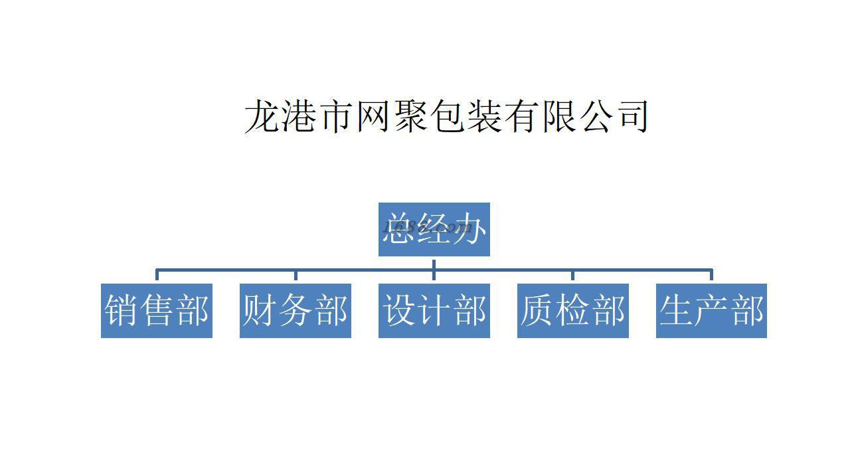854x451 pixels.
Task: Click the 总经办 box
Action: point(434,229)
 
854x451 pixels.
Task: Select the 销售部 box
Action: point(157,311)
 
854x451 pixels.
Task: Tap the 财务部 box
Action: point(295,311)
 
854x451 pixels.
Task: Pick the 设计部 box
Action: point(434,311)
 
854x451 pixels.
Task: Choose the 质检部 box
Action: point(572,311)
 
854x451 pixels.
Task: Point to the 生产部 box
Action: point(711,311)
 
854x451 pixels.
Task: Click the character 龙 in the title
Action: point(263,116)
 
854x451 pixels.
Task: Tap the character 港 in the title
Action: point(300,116)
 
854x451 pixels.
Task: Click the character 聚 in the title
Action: point(410,116)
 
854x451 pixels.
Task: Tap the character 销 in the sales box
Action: point(122,311)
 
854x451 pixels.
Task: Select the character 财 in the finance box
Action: point(260,311)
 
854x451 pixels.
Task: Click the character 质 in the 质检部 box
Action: point(537,311)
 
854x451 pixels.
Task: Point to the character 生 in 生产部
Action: point(677,311)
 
